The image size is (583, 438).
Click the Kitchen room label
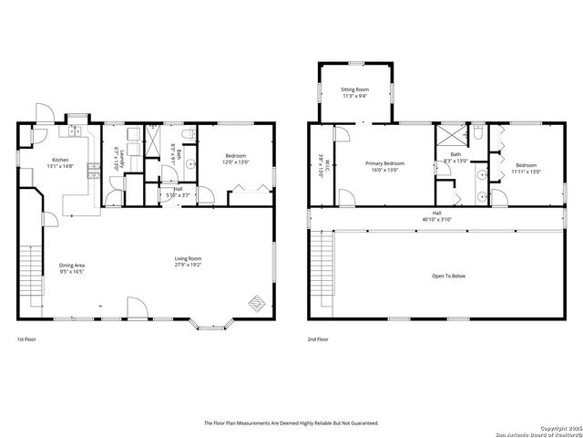click(60, 159)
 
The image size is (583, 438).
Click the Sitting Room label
click(354, 89)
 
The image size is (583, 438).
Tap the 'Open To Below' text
click(448, 276)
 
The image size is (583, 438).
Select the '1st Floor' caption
click(26, 339)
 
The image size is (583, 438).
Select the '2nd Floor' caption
click(318, 339)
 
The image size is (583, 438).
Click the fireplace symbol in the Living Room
click(258, 302)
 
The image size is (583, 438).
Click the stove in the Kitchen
click(93, 169)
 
